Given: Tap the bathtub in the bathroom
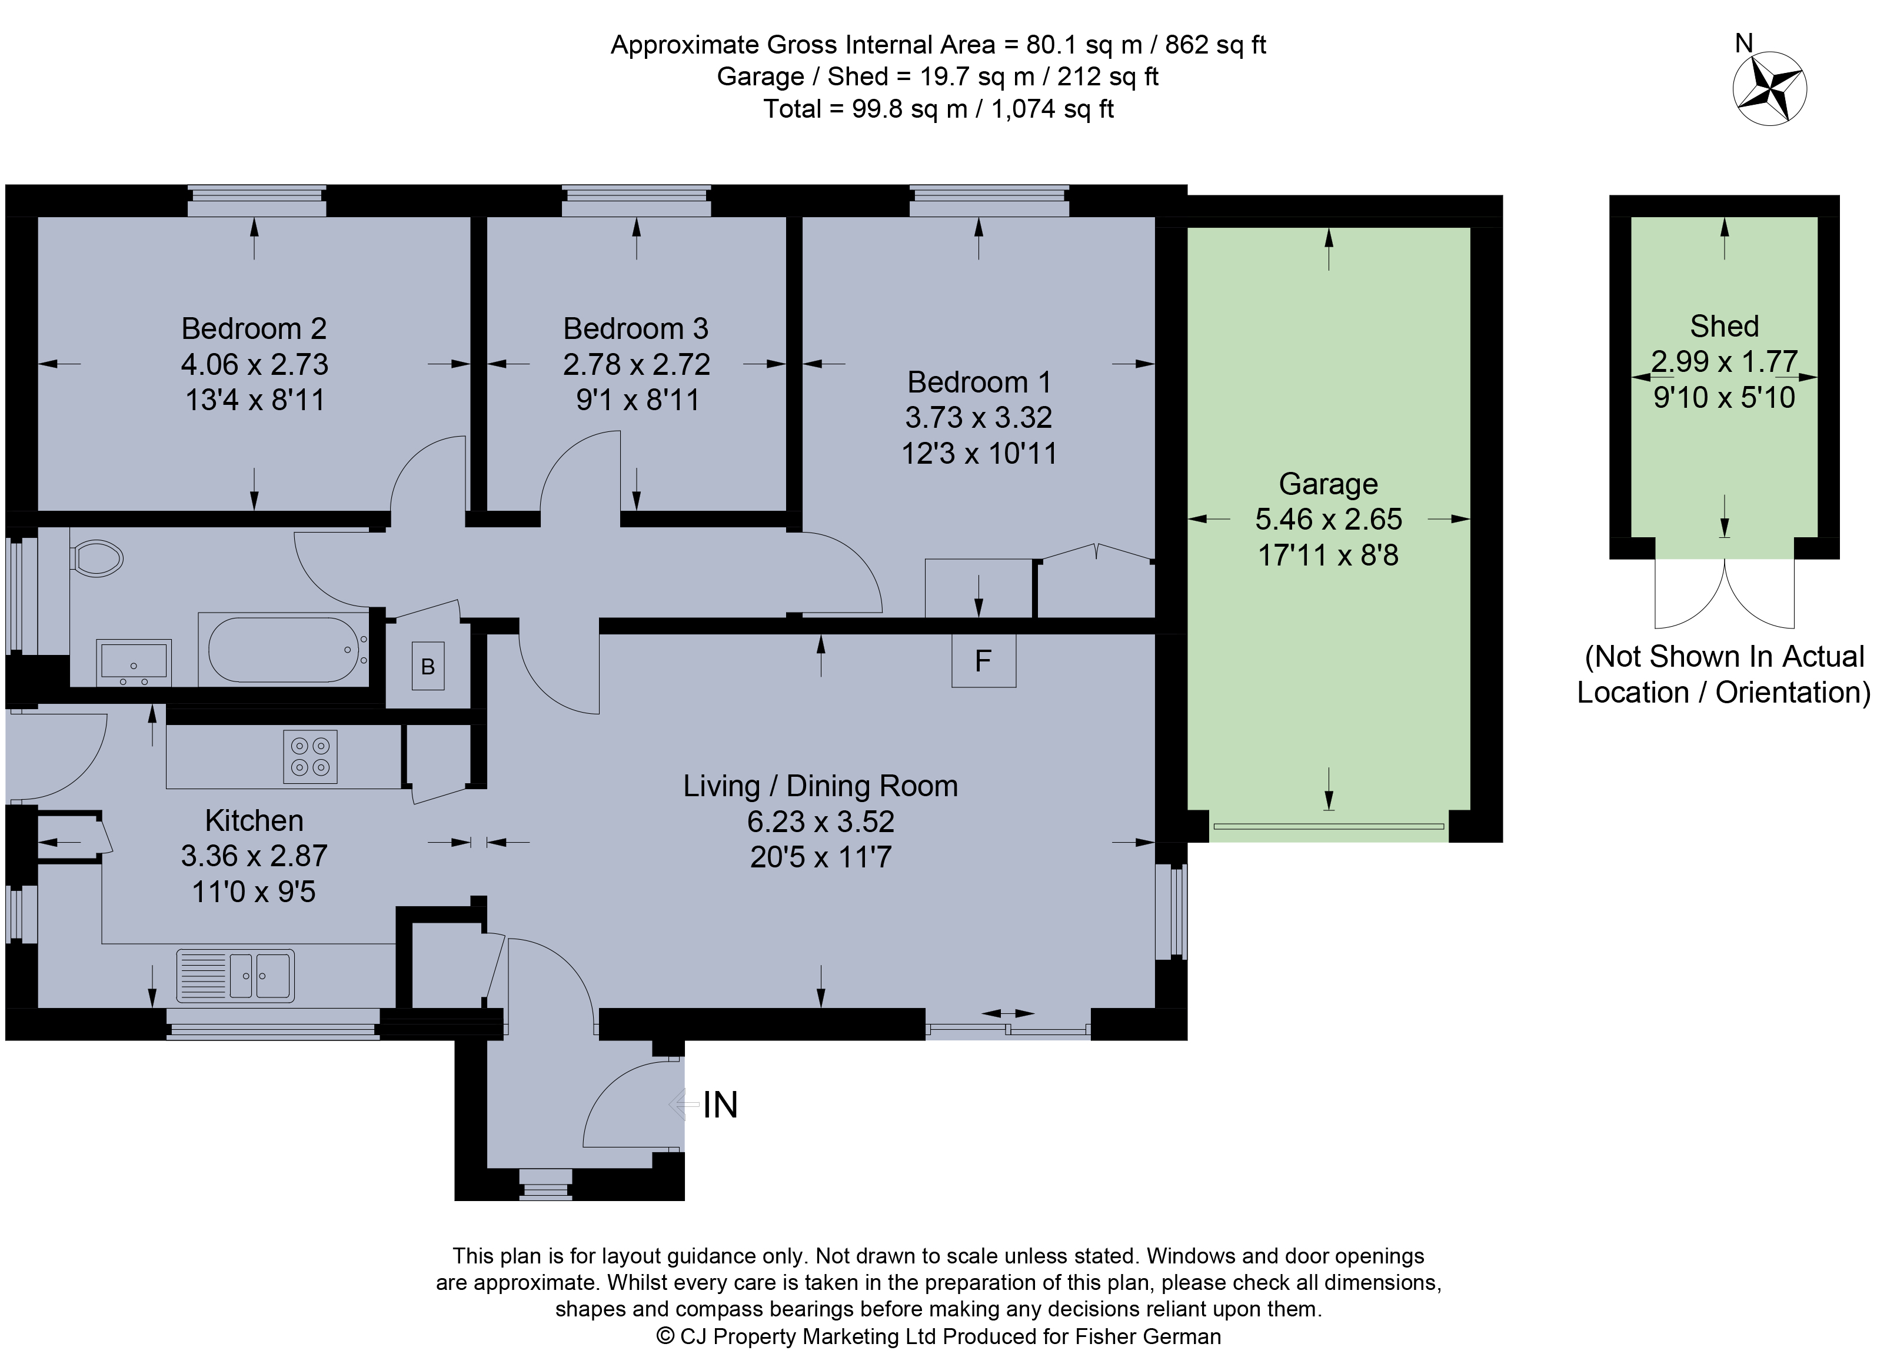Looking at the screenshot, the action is pos(283,648).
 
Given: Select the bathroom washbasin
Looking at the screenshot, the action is pos(134,662).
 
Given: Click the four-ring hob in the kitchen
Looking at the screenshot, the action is pos(310,756).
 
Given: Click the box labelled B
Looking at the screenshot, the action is pos(428,666).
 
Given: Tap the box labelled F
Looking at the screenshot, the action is pos(983,660).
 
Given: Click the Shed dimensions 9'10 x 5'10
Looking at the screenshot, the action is pos(1724,397).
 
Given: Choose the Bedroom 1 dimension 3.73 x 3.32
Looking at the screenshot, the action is pos(979,417).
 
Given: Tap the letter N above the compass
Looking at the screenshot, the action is pos(1744,42).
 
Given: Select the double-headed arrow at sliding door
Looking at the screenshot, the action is pos(1007,1013).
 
